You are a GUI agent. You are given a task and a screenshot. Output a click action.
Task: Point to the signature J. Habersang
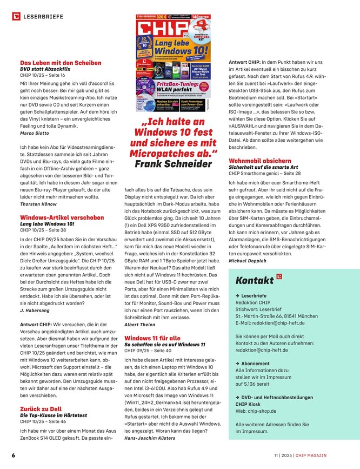coord(35,311)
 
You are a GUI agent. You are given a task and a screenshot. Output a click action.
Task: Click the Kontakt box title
coord(255,281)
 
